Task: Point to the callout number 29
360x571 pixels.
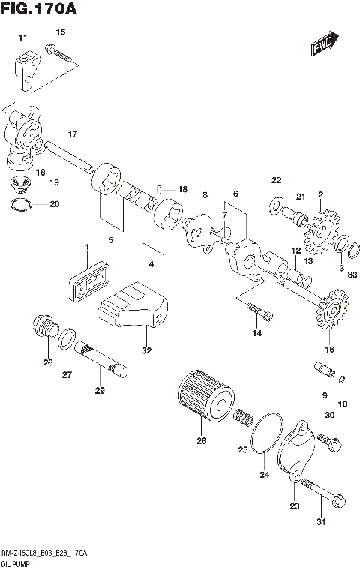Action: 100,390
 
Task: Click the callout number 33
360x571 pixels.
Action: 352,275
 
